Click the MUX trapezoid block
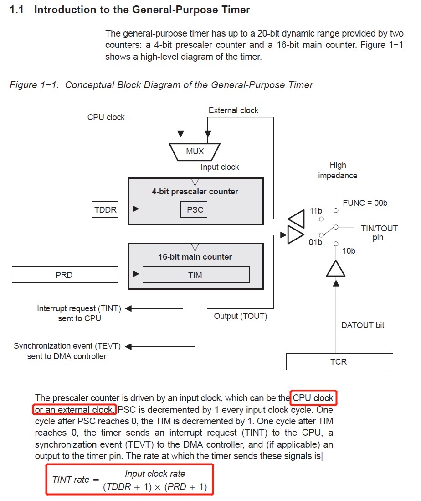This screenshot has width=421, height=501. tap(195, 151)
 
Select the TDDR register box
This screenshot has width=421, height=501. tap(104, 210)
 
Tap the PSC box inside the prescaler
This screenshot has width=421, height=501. tap(195, 210)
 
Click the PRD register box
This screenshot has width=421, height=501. tap(64, 275)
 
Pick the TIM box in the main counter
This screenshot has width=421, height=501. tap(195, 275)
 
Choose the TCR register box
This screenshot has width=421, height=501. tap(339, 361)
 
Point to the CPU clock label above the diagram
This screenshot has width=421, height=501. tap(106, 117)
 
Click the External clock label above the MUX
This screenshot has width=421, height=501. tap(233, 110)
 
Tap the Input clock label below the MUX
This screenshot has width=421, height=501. tap(220, 167)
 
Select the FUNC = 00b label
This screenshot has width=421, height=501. tap(365, 203)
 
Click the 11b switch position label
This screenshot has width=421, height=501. tap(316, 211)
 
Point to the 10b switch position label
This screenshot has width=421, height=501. tap(349, 251)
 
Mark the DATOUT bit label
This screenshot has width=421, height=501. tap(363, 325)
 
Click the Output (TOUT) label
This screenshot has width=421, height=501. tap(241, 316)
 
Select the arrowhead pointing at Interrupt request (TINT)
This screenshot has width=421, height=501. tap(128, 309)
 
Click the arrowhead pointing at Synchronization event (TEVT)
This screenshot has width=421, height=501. tap(128, 346)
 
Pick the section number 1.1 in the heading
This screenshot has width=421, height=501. tap(17, 10)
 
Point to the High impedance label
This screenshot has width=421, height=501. tap(338, 170)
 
